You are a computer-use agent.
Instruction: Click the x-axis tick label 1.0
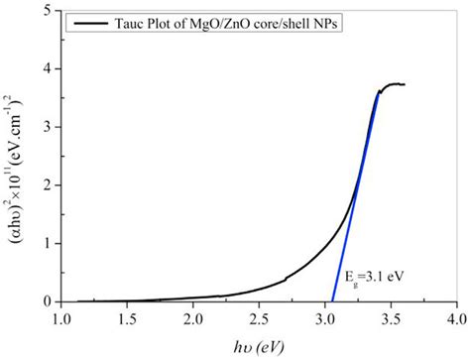61,319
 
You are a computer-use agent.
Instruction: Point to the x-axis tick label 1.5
128,319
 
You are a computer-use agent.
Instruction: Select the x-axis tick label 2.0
193,319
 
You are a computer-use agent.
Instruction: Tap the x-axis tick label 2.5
260,319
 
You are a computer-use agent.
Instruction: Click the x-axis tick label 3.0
325,319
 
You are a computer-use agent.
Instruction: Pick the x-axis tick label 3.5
392,319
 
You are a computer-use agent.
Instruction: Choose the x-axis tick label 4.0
456,319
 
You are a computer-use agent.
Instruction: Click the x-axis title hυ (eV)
258,345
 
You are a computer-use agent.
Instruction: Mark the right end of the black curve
405,85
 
